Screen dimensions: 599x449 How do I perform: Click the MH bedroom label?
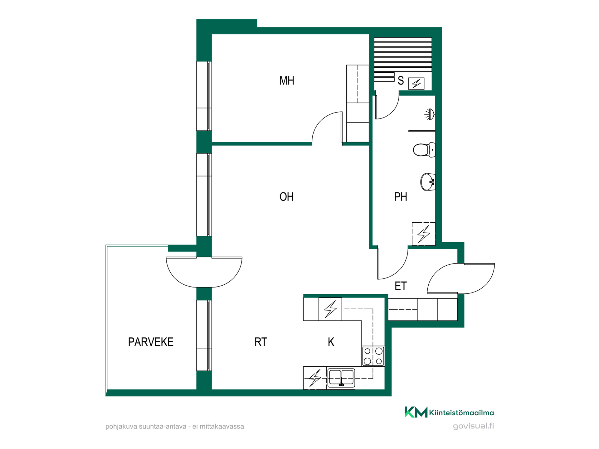click(x=287, y=80)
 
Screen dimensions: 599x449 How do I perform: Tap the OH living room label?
click(x=286, y=197)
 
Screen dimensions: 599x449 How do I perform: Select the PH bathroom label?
click(x=401, y=197)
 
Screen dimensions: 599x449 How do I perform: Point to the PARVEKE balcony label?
click(x=151, y=342)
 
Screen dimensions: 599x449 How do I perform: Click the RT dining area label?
click(x=261, y=342)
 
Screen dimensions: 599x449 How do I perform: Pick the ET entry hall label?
click(x=401, y=286)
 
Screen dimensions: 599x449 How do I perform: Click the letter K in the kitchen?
click(x=331, y=342)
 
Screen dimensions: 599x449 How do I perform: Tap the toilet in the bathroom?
click(x=424, y=150)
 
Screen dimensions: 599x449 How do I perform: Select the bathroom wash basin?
click(x=428, y=182)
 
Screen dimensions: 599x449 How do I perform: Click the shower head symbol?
click(x=430, y=114)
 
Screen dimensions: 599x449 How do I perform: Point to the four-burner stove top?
click(x=373, y=356)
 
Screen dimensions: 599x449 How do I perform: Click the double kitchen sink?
click(x=341, y=378)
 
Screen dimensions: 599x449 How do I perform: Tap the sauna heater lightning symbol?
click(x=416, y=84)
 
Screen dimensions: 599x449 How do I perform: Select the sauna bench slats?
click(x=403, y=55)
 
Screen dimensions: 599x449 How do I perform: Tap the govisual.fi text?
click(x=473, y=426)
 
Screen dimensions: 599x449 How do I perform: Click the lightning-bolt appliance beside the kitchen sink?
click(x=315, y=378)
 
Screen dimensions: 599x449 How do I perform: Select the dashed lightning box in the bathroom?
click(x=423, y=234)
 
